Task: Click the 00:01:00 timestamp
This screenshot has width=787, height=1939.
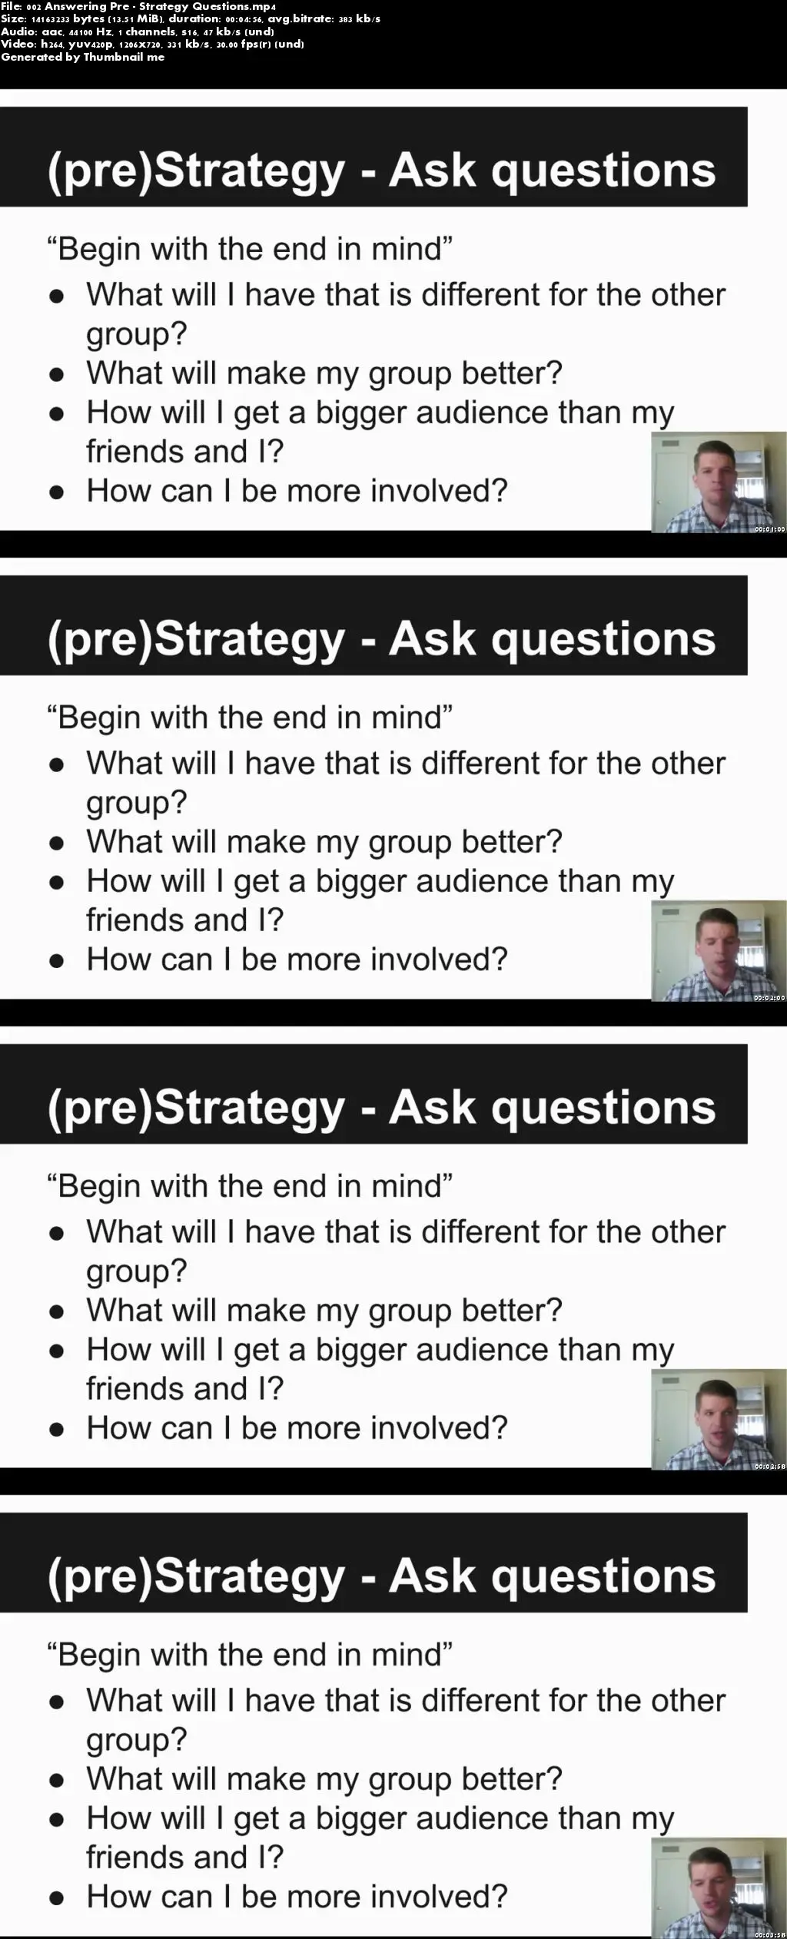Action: click(769, 529)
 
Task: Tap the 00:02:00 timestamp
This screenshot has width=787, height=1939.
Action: click(769, 998)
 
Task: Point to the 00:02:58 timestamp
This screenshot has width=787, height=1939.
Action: click(769, 1467)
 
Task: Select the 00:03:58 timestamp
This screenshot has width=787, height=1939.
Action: click(769, 1934)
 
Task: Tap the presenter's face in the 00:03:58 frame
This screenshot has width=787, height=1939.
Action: click(709, 1881)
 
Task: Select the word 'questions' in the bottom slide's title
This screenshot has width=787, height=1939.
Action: click(603, 1576)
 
